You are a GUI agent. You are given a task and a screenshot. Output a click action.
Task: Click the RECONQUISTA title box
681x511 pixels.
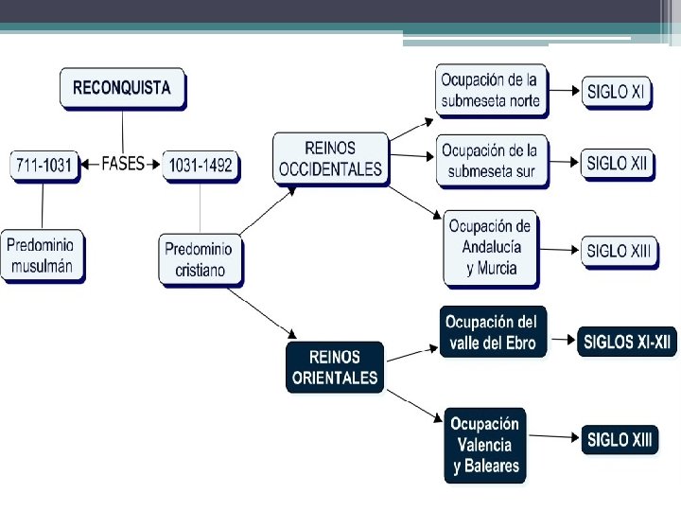pyautogui.click(x=123, y=89)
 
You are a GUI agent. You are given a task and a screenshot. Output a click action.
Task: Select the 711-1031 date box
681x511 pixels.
pyautogui.click(x=44, y=166)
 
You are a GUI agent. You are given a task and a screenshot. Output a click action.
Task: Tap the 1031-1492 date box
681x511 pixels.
pyautogui.click(x=201, y=166)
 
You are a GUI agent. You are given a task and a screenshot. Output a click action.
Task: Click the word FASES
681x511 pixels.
pyautogui.click(x=122, y=164)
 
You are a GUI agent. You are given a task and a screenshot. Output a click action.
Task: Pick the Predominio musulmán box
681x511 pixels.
pyautogui.click(x=43, y=256)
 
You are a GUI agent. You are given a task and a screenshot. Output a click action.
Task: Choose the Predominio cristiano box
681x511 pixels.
pyautogui.click(x=201, y=260)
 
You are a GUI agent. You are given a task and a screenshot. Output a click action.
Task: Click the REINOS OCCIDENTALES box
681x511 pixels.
pyautogui.click(x=331, y=159)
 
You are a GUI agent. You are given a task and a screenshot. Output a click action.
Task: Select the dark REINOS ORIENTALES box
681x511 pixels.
pyautogui.click(x=335, y=367)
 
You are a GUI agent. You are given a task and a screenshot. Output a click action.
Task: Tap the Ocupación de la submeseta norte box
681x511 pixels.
pyautogui.click(x=492, y=91)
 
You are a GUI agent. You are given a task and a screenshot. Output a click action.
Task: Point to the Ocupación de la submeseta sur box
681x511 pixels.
pyautogui.click(x=492, y=162)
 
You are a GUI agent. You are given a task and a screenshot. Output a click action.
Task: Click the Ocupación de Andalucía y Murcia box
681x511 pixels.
pyautogui.click(x=491, y=250)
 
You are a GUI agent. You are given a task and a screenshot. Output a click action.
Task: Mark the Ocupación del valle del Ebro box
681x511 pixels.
pyautogui.click(x=493, y=332)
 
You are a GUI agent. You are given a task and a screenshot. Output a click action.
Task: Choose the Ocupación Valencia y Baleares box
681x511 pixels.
pyautogui.click(x=485, y=446)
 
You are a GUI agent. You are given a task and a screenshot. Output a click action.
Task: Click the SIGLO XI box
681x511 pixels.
pyautogui.click(x=617, y=93)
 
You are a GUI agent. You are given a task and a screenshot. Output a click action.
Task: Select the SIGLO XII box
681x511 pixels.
pyautogui.click(x=618, y=165)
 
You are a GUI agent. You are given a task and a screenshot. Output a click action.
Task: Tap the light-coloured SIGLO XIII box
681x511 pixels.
pyautogui.click(x=620, y=252)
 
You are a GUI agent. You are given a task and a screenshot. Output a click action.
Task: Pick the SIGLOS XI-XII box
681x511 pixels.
pyautogui.click(x=627, y=342)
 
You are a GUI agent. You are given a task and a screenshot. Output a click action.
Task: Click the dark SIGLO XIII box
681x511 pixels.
pyautogui.click(x=620, y=440)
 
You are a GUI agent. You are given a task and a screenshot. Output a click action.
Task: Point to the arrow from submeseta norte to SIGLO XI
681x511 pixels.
pyautogui.click(x=564, y=91)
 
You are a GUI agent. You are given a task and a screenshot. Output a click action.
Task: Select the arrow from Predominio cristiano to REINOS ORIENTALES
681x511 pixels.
pyautogui.click(x=262, y=314)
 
